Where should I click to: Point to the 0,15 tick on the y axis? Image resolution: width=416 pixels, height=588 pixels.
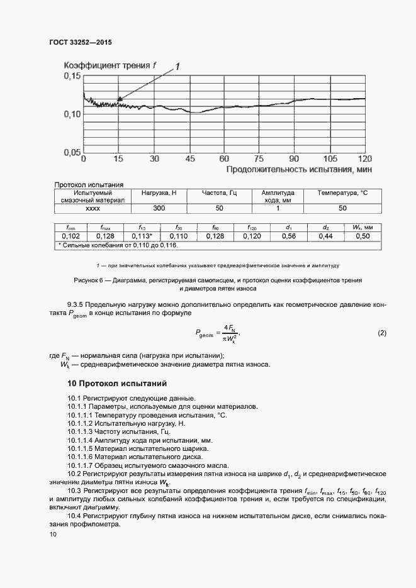[x=72, y=76]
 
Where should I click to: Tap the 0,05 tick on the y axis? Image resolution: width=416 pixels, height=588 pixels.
[x=72, y=152]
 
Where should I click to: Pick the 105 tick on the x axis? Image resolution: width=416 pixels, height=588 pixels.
[x=330, y=158]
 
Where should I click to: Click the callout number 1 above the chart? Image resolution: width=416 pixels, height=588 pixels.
[x=178, y=65]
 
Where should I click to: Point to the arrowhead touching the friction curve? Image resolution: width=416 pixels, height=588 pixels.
[x=119, y=99]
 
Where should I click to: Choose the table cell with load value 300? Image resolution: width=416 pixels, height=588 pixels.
[x=159, y=208]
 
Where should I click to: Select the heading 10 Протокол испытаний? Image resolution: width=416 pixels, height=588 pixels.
[x=116, y=383]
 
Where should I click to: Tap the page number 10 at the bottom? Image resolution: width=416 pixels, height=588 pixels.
[x=53, y=535]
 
